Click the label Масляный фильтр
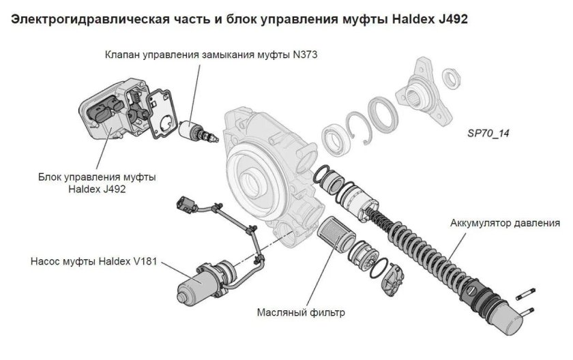(301, 313)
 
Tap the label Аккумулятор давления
(505, 223)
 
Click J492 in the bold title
(447, 19)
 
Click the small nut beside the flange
(452, 76)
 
